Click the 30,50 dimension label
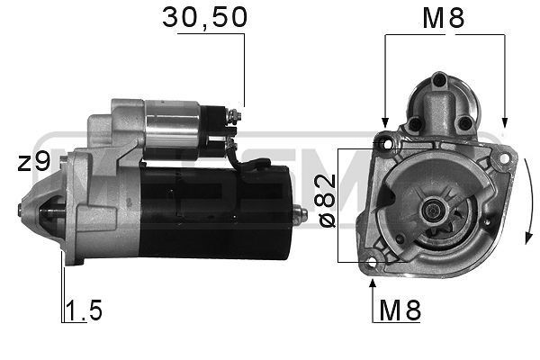(x=204, y=17)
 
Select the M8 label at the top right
(x=444, y=17)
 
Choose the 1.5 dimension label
(x=84, y=311)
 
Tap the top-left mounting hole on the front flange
(x=388, y=142)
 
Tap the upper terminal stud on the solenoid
(x=234, y=114)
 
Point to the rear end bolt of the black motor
(x=301, y=214)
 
